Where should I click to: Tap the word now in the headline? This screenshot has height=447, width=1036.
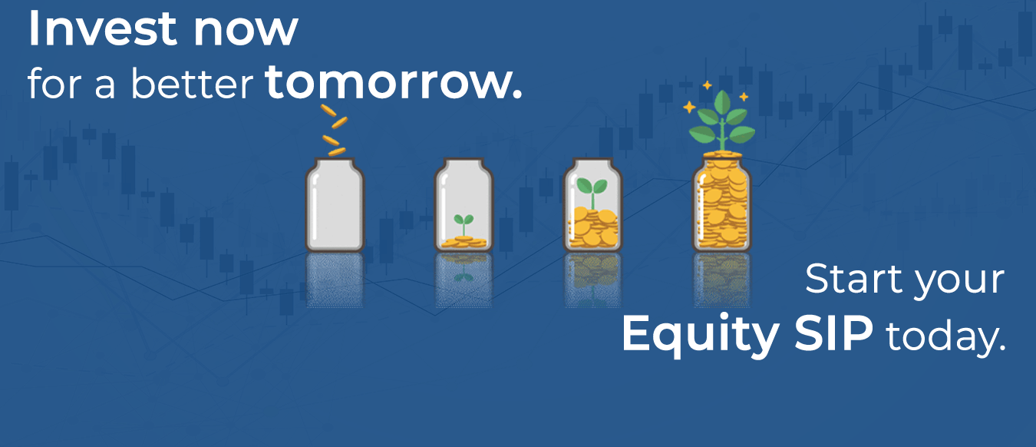(246, 31)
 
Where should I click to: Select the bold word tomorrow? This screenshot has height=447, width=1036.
(394, 82)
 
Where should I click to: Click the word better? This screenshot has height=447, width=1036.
(192, 83)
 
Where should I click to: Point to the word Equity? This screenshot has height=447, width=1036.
(701, 335)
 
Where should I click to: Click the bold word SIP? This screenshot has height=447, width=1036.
(833, 333)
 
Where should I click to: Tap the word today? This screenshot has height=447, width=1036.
(945, 337)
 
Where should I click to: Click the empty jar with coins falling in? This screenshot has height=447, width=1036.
(335, 204)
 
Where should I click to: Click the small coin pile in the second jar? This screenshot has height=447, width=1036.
(464, 242)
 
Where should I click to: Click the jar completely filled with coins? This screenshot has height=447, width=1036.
(722, 203)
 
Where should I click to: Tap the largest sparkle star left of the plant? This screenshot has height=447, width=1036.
(689, 107)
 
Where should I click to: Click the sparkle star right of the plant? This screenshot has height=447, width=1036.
(744, 97)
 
